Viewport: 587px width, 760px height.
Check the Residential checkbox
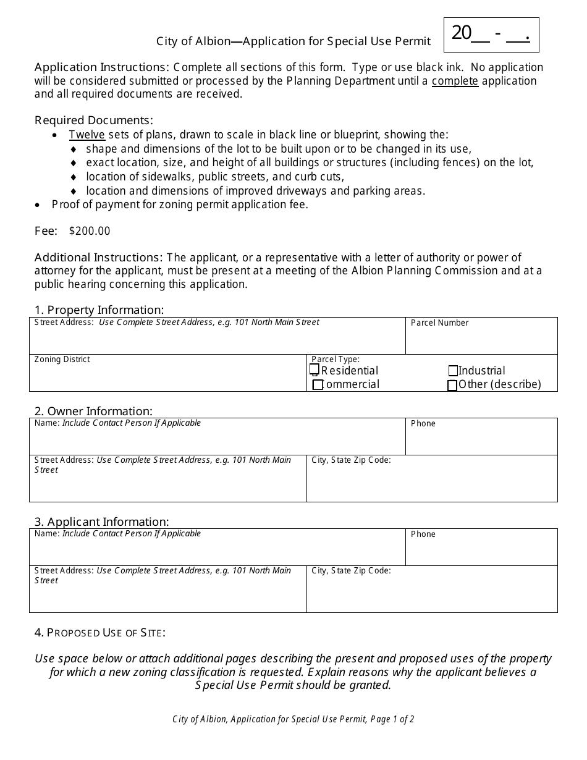[315, 370]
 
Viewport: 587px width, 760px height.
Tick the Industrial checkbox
[453, 371]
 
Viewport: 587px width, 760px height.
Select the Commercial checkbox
[318, 385]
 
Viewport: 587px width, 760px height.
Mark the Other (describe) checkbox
[452, 386]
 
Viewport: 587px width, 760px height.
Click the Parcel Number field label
[439, 323]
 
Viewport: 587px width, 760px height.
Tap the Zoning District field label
[62, 359]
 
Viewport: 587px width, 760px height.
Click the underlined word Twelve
[87, 135]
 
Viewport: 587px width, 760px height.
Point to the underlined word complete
[455, 81]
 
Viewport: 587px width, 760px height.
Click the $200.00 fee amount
[90, 231]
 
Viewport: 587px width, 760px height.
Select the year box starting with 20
[491, 34]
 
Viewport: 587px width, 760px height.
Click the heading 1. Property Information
[99, 310]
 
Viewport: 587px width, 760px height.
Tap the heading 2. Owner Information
[93, 411]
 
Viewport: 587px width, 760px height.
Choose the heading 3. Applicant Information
[101, 521]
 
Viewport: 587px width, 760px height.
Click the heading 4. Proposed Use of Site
[100, 632]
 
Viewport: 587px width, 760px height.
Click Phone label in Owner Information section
[423, 423]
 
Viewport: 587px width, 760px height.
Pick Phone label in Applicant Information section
[423, 534]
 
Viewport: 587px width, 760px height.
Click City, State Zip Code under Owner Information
[351, 460]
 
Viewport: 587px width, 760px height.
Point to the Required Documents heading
[93, 120]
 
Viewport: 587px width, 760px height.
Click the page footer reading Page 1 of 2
[293, 719]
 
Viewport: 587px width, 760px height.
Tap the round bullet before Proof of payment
[38, 205]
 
